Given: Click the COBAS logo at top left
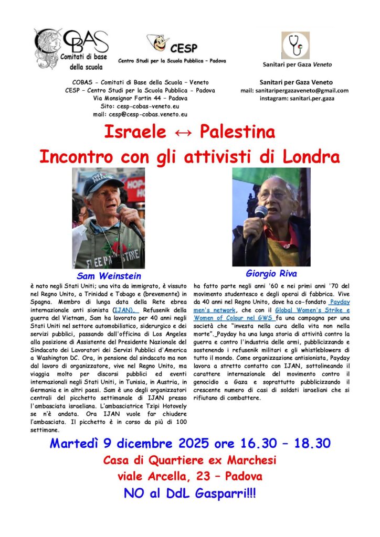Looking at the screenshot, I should [x=70, y=49].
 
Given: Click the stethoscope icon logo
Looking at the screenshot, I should [x=295, y=46].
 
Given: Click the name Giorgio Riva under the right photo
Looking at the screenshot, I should [x=271, y=273].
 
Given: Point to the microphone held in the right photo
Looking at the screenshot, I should [x=260, y=213].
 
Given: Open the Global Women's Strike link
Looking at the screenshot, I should [x=312, y=310].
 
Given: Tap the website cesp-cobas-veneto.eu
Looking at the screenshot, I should [x=151, y=105].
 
